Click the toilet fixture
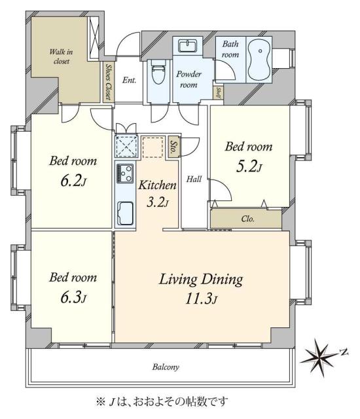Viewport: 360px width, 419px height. click(x=158, y=71)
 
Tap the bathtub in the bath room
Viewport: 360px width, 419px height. click(x=259, y=60)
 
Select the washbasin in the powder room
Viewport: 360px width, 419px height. click(x=187, y=46)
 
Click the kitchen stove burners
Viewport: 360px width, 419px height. click(x=125, y=173)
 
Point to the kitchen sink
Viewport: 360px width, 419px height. click(x=125, y=213)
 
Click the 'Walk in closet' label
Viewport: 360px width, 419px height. click(x=61, y=56)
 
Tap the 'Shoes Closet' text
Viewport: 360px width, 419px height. click(x=108, y=81)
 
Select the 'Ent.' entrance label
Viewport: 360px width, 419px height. click(x=129, y=80)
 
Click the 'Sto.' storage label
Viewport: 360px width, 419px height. click(x=173, y=147)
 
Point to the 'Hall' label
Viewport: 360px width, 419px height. click(x=194, y=179)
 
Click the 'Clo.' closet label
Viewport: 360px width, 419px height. click(x=247, y=219)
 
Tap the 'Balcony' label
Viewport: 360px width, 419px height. click(x=166, y=367)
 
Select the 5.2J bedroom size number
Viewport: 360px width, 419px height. click(x=249, y=166)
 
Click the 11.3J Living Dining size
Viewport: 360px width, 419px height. click(x=201, y=299)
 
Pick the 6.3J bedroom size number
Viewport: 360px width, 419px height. click(x=73, y=297)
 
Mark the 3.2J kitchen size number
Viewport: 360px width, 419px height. click(x=157, y=202)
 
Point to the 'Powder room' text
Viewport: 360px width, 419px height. click(x=189, y=79)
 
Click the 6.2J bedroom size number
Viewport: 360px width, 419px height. click(x=73, y=181)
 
